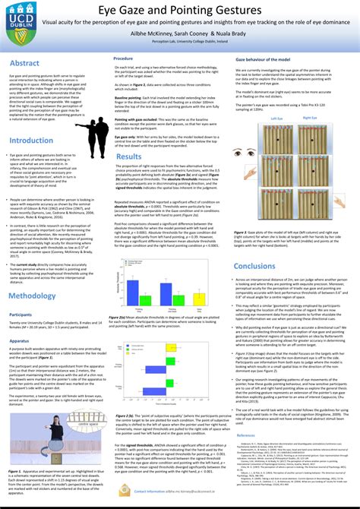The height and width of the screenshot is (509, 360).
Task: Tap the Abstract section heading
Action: [24, 64]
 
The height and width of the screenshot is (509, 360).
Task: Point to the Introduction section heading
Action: [32, 141]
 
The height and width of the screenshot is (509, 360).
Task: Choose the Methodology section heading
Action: [32, 296]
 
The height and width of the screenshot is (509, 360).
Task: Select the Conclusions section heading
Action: [254, 267]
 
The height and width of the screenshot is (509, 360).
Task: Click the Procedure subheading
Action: [124, 58]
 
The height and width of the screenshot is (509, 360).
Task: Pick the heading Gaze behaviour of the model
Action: [263, 58]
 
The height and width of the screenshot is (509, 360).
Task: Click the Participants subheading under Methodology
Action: [21, 314]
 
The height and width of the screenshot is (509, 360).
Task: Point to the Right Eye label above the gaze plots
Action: [310, 119]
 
